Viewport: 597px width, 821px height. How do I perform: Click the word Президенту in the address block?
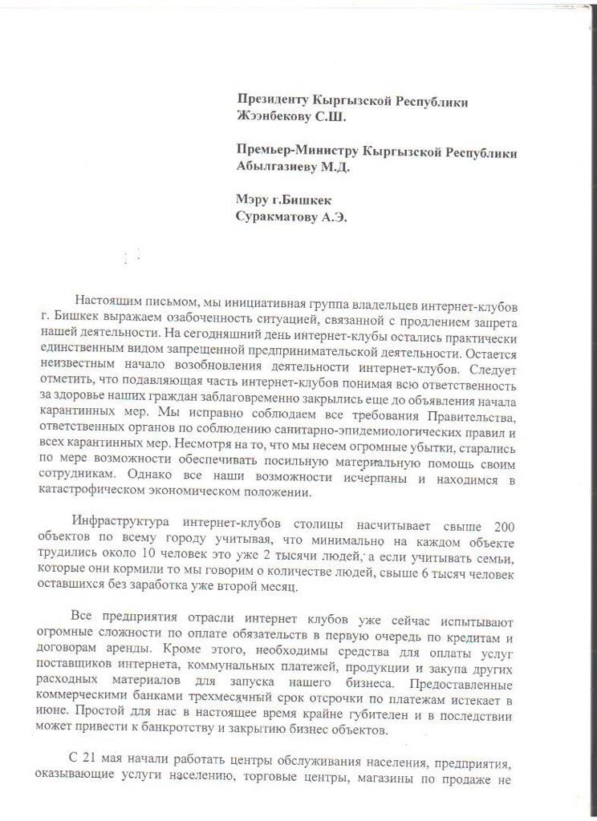275,100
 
